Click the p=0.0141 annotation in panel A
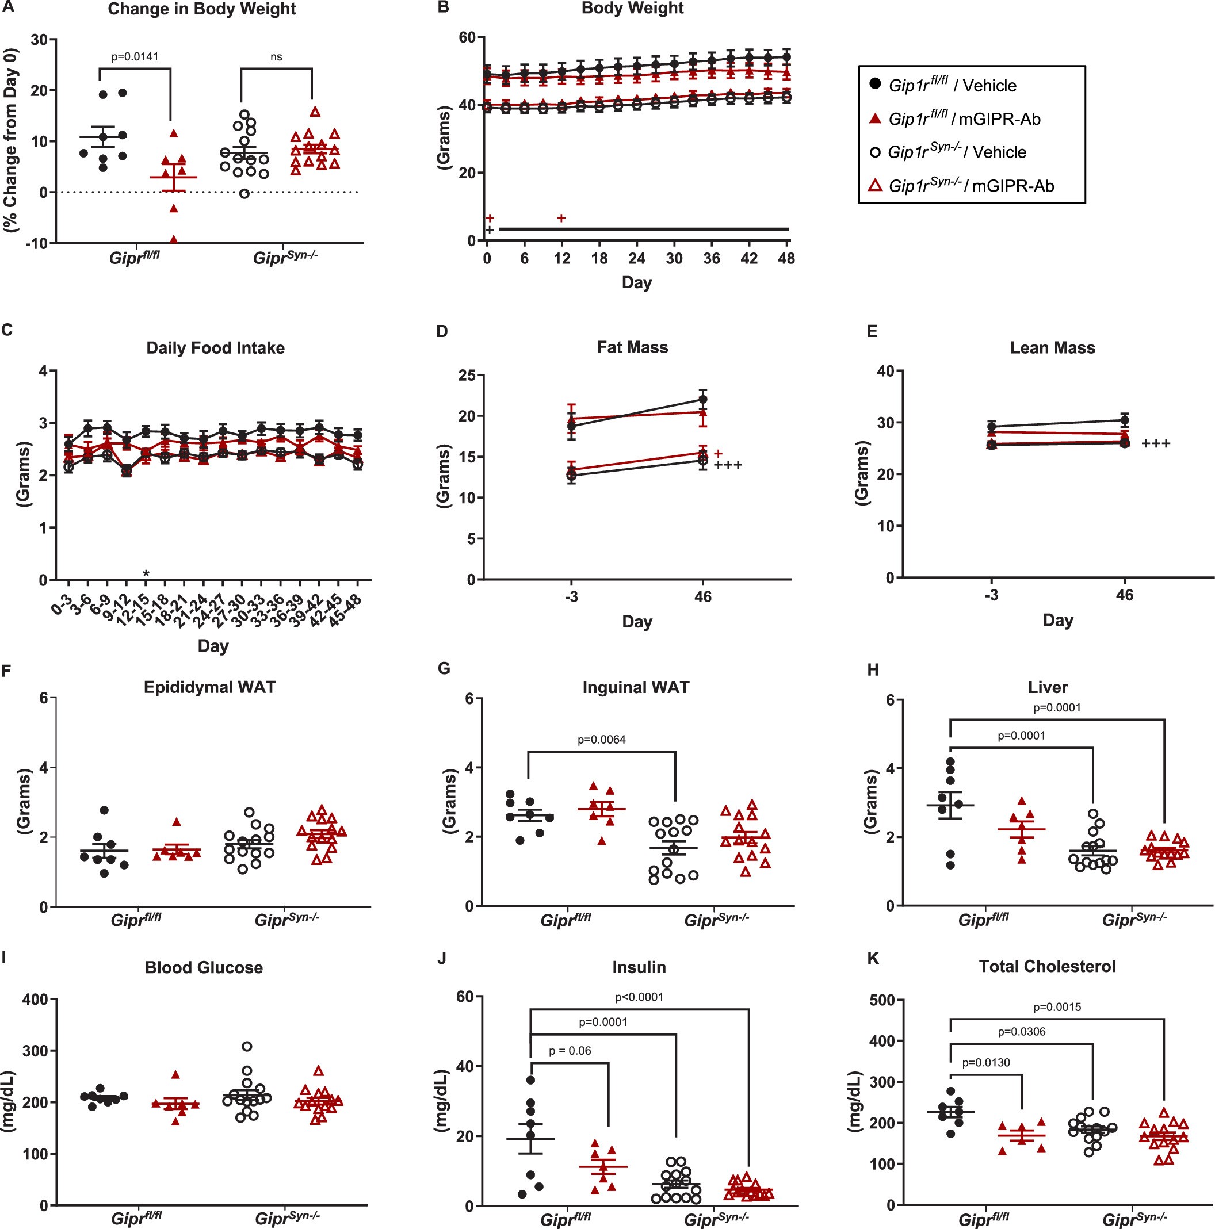pyautogui.click(x=135, y=56)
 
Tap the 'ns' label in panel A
pyautogui.click(x=276, y=56)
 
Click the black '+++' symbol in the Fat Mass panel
pyautogui.click(x=728, y=466)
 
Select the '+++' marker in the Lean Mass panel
pyautogui.click(x=1156, y=444)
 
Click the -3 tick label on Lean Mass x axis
pyautogui.click(x=991, y=595)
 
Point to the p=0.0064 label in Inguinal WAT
pyautogui.click(x=601, y=739)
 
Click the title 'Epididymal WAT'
pyautogui.click(x=209, y=687)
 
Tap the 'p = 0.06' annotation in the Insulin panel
pyautogui.click(x=570, y=1050)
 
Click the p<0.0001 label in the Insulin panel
pyautogui.click(x=639, y=997)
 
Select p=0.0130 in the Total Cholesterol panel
pyautogui.click(x=986, y=1062)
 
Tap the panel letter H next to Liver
pyautogui.click(x=873, y=669)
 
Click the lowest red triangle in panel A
pyautogui.click(x=174, y=239)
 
